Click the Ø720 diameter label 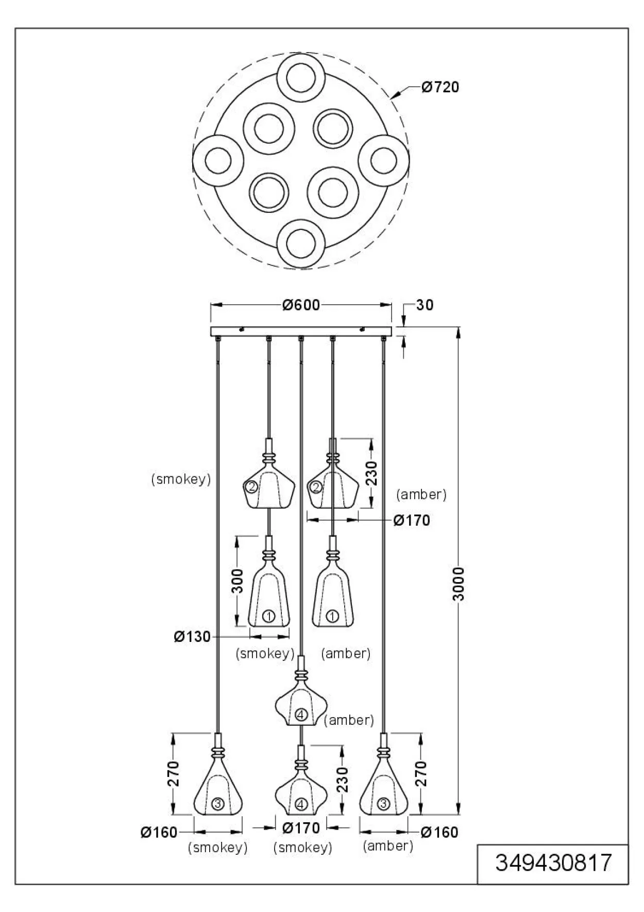[439, 87]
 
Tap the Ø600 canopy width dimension [301, 305]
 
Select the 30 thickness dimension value [425, 305]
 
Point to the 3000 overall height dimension [459, 584]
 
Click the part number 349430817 [553, 863]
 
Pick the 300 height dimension [237, 581]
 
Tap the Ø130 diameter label [192, 637]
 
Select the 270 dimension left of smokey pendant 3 [173, 773]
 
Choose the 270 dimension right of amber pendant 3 [421, 773]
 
